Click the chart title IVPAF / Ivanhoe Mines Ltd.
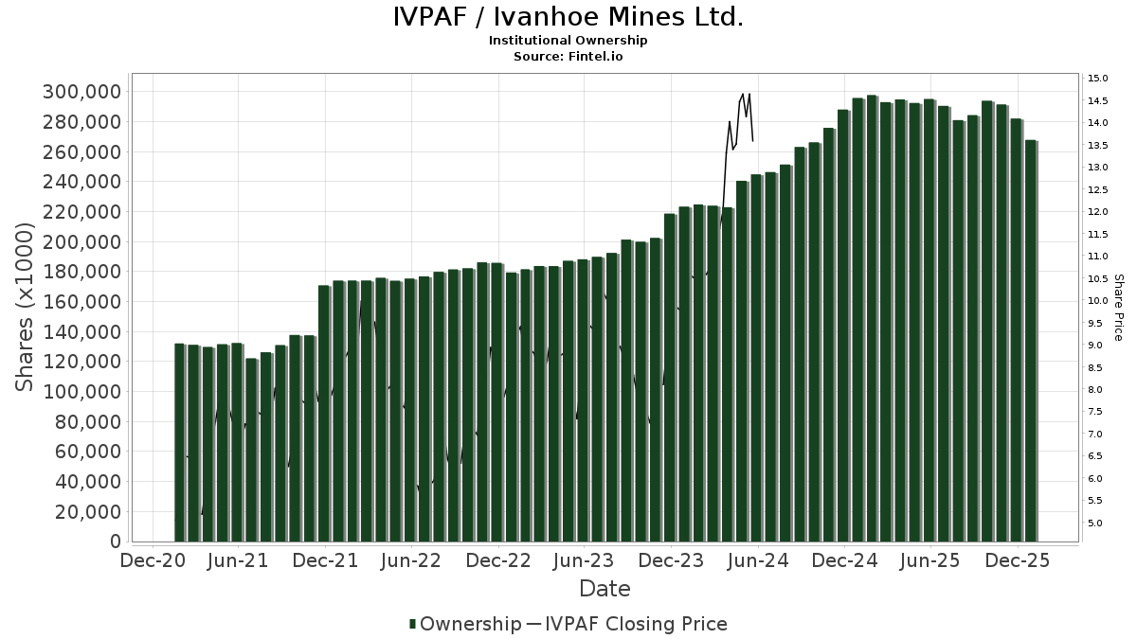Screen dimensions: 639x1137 (x=568, y=17)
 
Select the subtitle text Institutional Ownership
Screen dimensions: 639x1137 (x=568, y=41)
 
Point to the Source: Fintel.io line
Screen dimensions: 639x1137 (x=568, y=57)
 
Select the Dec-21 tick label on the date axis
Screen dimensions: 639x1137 (x=324, y=560)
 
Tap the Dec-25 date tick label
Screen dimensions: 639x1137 (x=1017, y=560)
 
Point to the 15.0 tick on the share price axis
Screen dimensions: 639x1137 (x=1098, y=79)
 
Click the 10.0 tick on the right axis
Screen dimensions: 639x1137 (x=1098, y=301)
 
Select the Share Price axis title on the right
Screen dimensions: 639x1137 (x=1118, y=308)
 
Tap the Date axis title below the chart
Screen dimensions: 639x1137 (x=605, y=589)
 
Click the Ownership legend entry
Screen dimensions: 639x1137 (x=465, y=624)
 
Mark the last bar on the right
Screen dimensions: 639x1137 (x=1031, y=341)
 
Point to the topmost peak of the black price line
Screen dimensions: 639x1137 (x=743, y=94)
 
